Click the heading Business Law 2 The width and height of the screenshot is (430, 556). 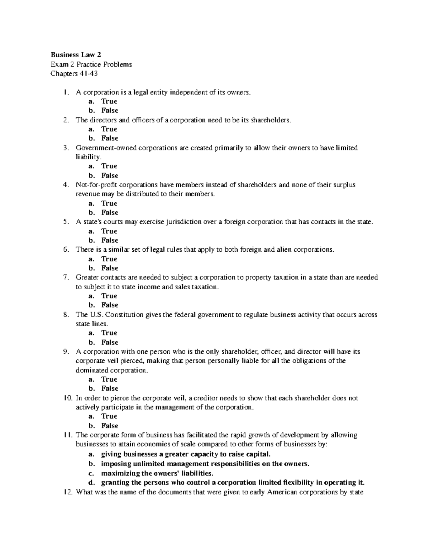click(76, 55)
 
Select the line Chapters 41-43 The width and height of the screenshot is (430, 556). click(74, 74)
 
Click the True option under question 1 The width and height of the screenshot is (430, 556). click(109, 101)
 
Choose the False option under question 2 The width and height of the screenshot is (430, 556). click(109, 138)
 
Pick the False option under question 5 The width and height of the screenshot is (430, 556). click(109, 240)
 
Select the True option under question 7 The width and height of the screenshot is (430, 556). click(109, 296)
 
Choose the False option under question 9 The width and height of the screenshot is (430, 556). click(109, 388)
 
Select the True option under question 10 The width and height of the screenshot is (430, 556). click(109, 416)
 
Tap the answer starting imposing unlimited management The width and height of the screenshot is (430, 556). click(205, 464)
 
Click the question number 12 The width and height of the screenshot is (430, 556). click(67, 492)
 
